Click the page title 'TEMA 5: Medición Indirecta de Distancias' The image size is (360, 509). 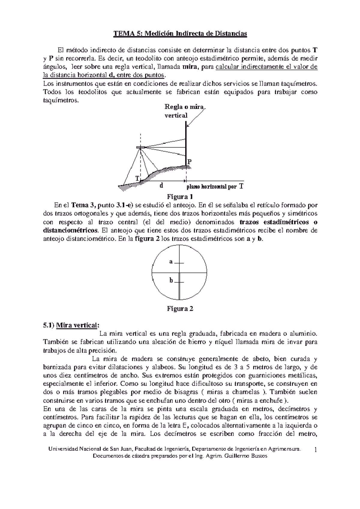pyautogui.click(x=180, y=34)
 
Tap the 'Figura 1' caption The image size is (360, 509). pyautogui.click(x=179, y=197)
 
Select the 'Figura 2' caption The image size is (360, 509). pyautogui.click(x=180, y=309)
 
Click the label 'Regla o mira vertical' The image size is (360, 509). pyautogui.click(x=184, y=111)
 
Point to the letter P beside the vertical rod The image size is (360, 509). pyautogui.click(x=190, y=162)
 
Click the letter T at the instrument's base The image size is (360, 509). pyautogui.click(x=137, y=178)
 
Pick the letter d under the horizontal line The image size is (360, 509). pyautogui.click(x=161, y=186)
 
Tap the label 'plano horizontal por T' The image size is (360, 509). pyautogui.click(x=214, y=186)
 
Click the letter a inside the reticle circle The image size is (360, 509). pyautogui.click(x=171, y=261)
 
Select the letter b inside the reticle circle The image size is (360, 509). pyautogui.click(x=171, y=281)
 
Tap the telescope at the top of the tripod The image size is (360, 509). pyautogui.click(x=141, y=147)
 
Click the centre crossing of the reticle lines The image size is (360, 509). pyautogui.click(x=179, y=272)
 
